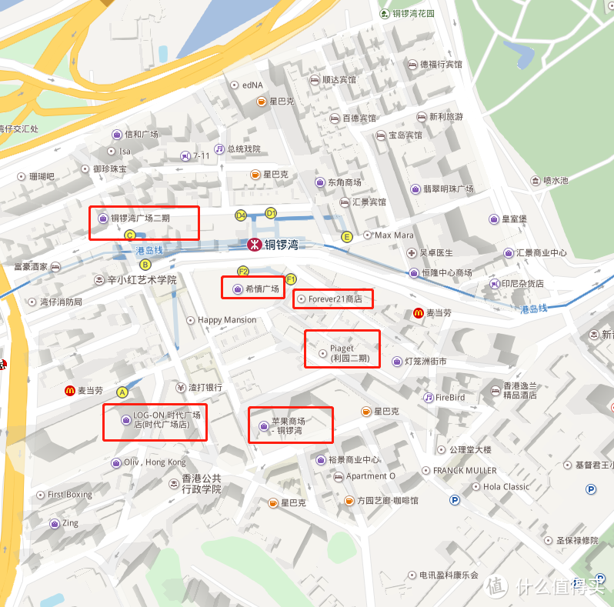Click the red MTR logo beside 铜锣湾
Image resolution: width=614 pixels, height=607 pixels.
(252, 245)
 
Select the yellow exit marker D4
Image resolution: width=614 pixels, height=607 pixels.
(241, 215)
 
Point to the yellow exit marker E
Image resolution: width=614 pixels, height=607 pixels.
(347, 237)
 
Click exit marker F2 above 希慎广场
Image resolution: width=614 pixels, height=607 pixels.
(243, 272)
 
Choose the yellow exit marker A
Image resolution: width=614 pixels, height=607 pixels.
(122, 392)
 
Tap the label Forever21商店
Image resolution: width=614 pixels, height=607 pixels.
(335, 298)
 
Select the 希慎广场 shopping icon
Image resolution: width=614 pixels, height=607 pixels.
(236, 289)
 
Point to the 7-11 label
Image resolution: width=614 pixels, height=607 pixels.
(202, 156)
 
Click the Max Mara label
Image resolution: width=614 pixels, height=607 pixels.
(393, 235)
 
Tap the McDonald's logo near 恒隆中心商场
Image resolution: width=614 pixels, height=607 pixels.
(418, 313)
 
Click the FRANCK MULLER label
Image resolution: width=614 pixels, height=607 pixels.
(464, 470)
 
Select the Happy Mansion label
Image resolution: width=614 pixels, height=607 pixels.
(227, 320)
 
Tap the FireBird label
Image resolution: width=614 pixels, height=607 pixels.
(449, 398)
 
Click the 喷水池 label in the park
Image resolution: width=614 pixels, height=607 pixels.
(555, 181)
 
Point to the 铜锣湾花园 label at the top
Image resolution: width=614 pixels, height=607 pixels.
(413, 14)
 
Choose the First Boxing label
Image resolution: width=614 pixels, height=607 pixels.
(69, 495)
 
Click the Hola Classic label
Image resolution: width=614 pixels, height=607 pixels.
(506, 486)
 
